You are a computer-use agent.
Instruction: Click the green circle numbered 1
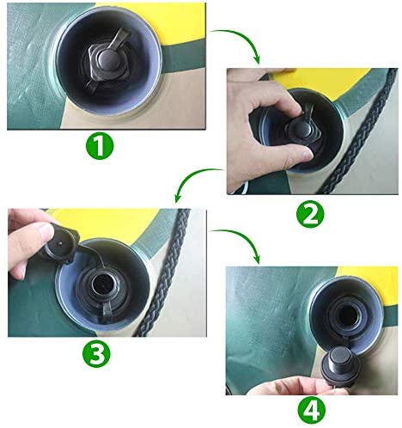[100, 146]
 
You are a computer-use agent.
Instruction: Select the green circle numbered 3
[96, 354]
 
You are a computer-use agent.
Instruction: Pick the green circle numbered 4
[312, 411]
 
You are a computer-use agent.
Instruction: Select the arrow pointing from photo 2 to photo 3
[195, 177]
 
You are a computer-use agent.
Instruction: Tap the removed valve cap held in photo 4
[340, 366]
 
